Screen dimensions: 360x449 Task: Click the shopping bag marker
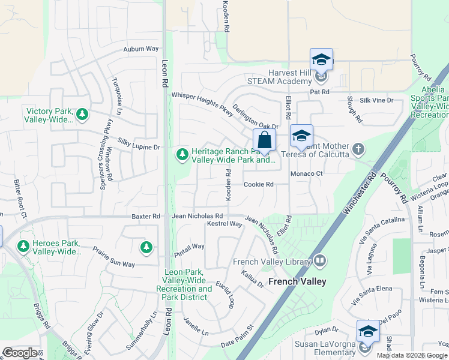[264, 141]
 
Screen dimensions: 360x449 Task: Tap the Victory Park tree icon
[82, 113]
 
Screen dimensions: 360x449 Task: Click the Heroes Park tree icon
[23, 246]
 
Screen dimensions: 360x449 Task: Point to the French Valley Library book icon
[320, 260]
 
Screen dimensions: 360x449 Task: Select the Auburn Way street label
[141, 49]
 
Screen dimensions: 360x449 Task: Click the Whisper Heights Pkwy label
[202, 100]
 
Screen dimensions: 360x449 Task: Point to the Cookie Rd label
[258, 184]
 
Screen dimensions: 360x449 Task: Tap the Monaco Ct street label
[307, 173]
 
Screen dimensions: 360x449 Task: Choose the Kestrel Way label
[224, 224]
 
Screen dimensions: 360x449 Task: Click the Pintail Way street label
[190, 247]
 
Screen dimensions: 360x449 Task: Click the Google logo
[20, 353]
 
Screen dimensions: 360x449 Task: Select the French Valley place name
[297, 281]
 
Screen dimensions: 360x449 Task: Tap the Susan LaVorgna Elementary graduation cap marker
[368, 331]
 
